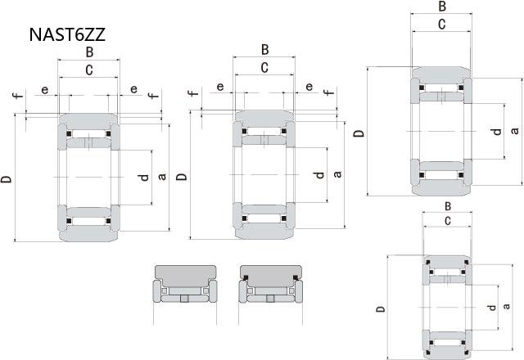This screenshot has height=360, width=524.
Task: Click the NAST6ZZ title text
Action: click(67, 34)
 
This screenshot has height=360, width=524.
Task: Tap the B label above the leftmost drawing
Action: click(89, 52)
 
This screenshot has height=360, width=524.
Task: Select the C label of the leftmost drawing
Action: click(89, 70)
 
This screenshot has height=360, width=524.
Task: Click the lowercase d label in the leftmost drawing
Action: click(144, 177)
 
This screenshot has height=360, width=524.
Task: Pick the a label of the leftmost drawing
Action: click(162, 177)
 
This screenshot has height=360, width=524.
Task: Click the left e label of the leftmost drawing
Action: click(44, 90)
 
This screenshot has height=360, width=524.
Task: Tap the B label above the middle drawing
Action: click(264, 50)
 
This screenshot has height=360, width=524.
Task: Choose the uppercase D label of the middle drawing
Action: click(182, 177)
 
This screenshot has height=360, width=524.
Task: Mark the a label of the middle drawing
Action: click(337, 174)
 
